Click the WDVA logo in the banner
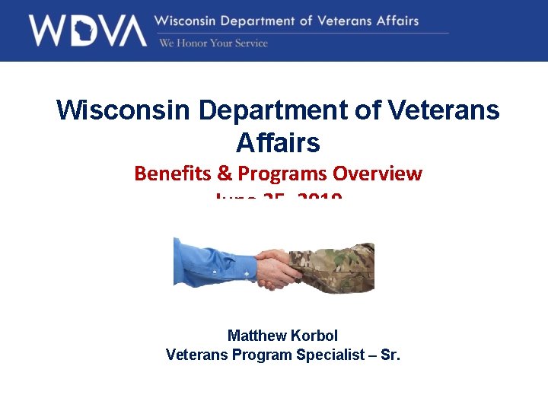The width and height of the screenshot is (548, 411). click(88, 30)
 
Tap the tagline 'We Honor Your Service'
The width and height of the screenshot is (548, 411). click(213, 43)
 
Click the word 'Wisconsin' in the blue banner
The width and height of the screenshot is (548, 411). click(188, 21)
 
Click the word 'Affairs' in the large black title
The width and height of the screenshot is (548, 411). click(278, 142)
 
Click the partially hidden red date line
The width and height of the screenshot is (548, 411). click(279, 200)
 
